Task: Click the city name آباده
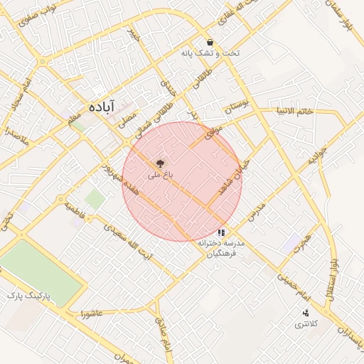click(102, 106)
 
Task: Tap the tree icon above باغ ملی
click(159, 163)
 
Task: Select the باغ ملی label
click(159, 173)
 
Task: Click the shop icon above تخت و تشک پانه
click(210, 43)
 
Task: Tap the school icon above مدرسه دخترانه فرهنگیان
click(222, 232)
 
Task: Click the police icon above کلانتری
click(306, 313)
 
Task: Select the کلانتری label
click(308, 324)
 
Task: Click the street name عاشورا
click(92, 314)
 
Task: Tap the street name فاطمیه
click(76, 210)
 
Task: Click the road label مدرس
click(257, 209)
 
